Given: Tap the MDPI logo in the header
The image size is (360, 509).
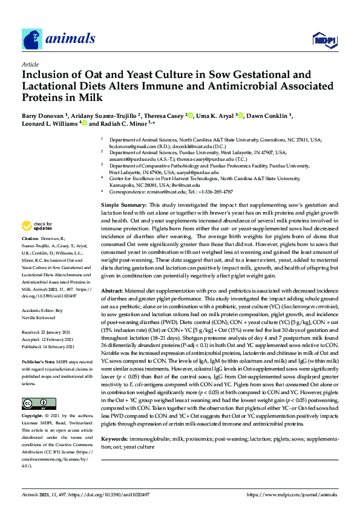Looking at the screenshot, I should pos(322,40).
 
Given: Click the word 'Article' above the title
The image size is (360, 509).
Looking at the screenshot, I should pos(30,64).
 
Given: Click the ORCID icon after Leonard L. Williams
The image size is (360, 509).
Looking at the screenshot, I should pos(84,124).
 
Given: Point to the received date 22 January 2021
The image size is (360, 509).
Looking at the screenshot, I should pos(56,332).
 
